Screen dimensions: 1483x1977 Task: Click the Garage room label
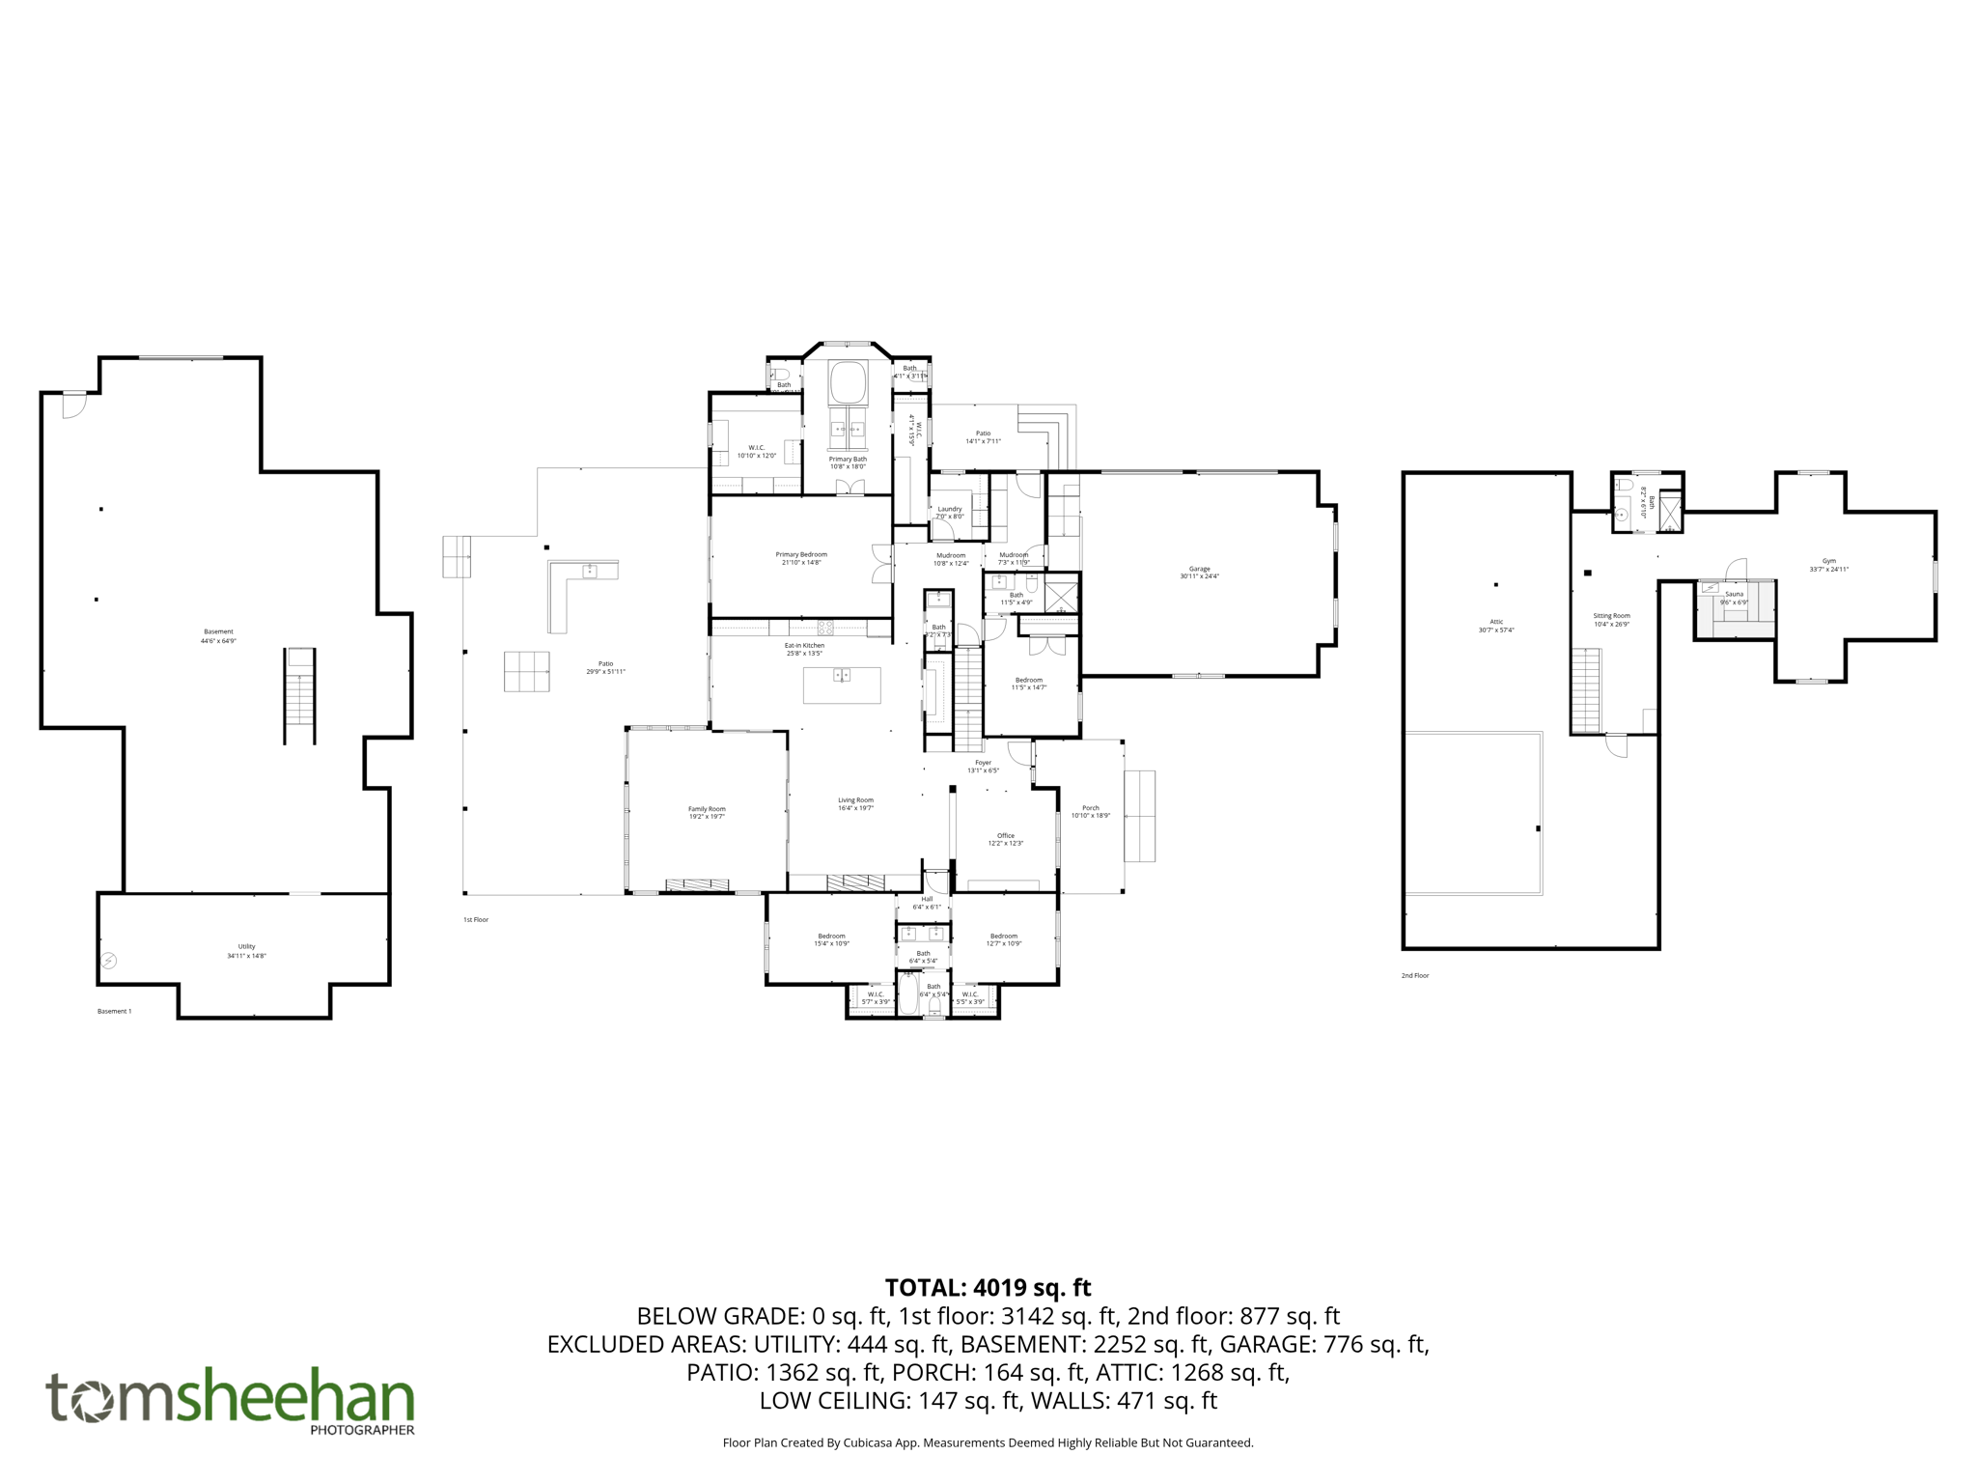[1199, 569]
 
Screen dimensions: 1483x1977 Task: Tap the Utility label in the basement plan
[246, 946]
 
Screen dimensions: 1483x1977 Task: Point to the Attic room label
[1496, 622]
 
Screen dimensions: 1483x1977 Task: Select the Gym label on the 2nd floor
[1828, 561]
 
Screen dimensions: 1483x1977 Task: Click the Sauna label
[1734, 594]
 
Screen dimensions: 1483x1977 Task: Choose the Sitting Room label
[1611, 615]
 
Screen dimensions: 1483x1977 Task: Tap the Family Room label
[707, 809]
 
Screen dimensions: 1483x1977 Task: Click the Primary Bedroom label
[801, 554]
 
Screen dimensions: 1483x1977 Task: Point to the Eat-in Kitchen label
[804, 645]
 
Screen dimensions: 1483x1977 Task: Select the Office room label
[1005, 836]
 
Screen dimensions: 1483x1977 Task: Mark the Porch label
[1090, 808]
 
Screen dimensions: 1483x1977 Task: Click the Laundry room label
[949, 509]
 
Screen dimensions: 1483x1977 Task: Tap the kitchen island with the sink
[842, 685]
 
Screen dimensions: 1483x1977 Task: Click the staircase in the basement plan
[299, 695]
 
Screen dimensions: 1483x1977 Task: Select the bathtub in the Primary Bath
[848, 382]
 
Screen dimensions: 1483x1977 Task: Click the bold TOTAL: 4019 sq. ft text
[988, 1287]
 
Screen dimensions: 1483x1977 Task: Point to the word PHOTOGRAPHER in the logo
[362, 1430]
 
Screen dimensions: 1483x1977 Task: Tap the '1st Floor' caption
[476, 920]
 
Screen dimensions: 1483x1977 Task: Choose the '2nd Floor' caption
[1414, 976]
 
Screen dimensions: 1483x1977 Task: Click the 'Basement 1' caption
[114, 1012]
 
